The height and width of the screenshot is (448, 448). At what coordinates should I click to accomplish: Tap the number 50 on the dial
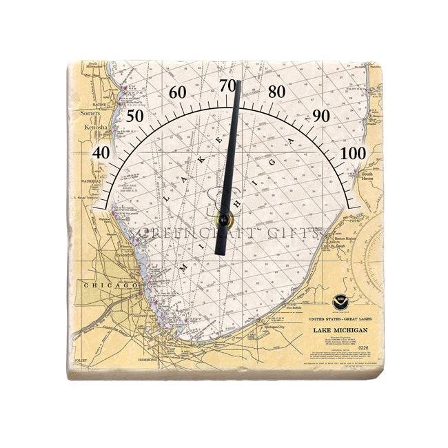coord(134,116)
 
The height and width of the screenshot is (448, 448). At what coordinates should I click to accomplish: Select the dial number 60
coord(177,92)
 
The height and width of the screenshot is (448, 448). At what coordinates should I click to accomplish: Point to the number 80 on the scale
coord(277,92)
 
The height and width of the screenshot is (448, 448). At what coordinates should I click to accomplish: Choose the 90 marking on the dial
coord(321,116)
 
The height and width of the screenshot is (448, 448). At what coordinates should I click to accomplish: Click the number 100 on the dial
coord(352,152)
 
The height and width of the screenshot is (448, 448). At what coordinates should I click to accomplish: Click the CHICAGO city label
coord(101,284)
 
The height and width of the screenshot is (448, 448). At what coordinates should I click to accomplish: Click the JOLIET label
coord(80,358)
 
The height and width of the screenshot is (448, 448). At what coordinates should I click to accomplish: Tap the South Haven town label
coord(370,181)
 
